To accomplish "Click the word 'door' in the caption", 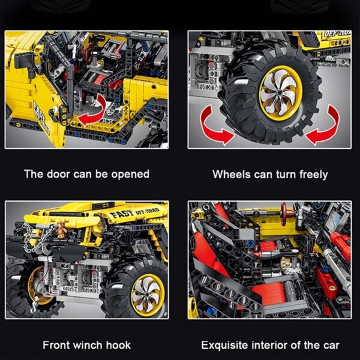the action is pyautogui.click(x=58, y=174).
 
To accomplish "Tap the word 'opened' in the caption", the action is pyautogui.click(x=130, y=175).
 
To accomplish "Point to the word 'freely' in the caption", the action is pyautogui.click(x=314, y=175).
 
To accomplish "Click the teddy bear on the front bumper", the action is pyautogui.click(x=61, y=230).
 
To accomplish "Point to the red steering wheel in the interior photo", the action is pyautogui.click(x=284, y=214).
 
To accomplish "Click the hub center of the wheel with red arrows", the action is pyautogui.click(x=280, y=92).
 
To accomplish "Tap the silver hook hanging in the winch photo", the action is pyautogui.click(x=35, y=304).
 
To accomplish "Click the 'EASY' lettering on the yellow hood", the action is pyautogui.click(x=122, y=214).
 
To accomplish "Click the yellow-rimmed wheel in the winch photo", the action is pyautogui.click(x=135, y=291).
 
